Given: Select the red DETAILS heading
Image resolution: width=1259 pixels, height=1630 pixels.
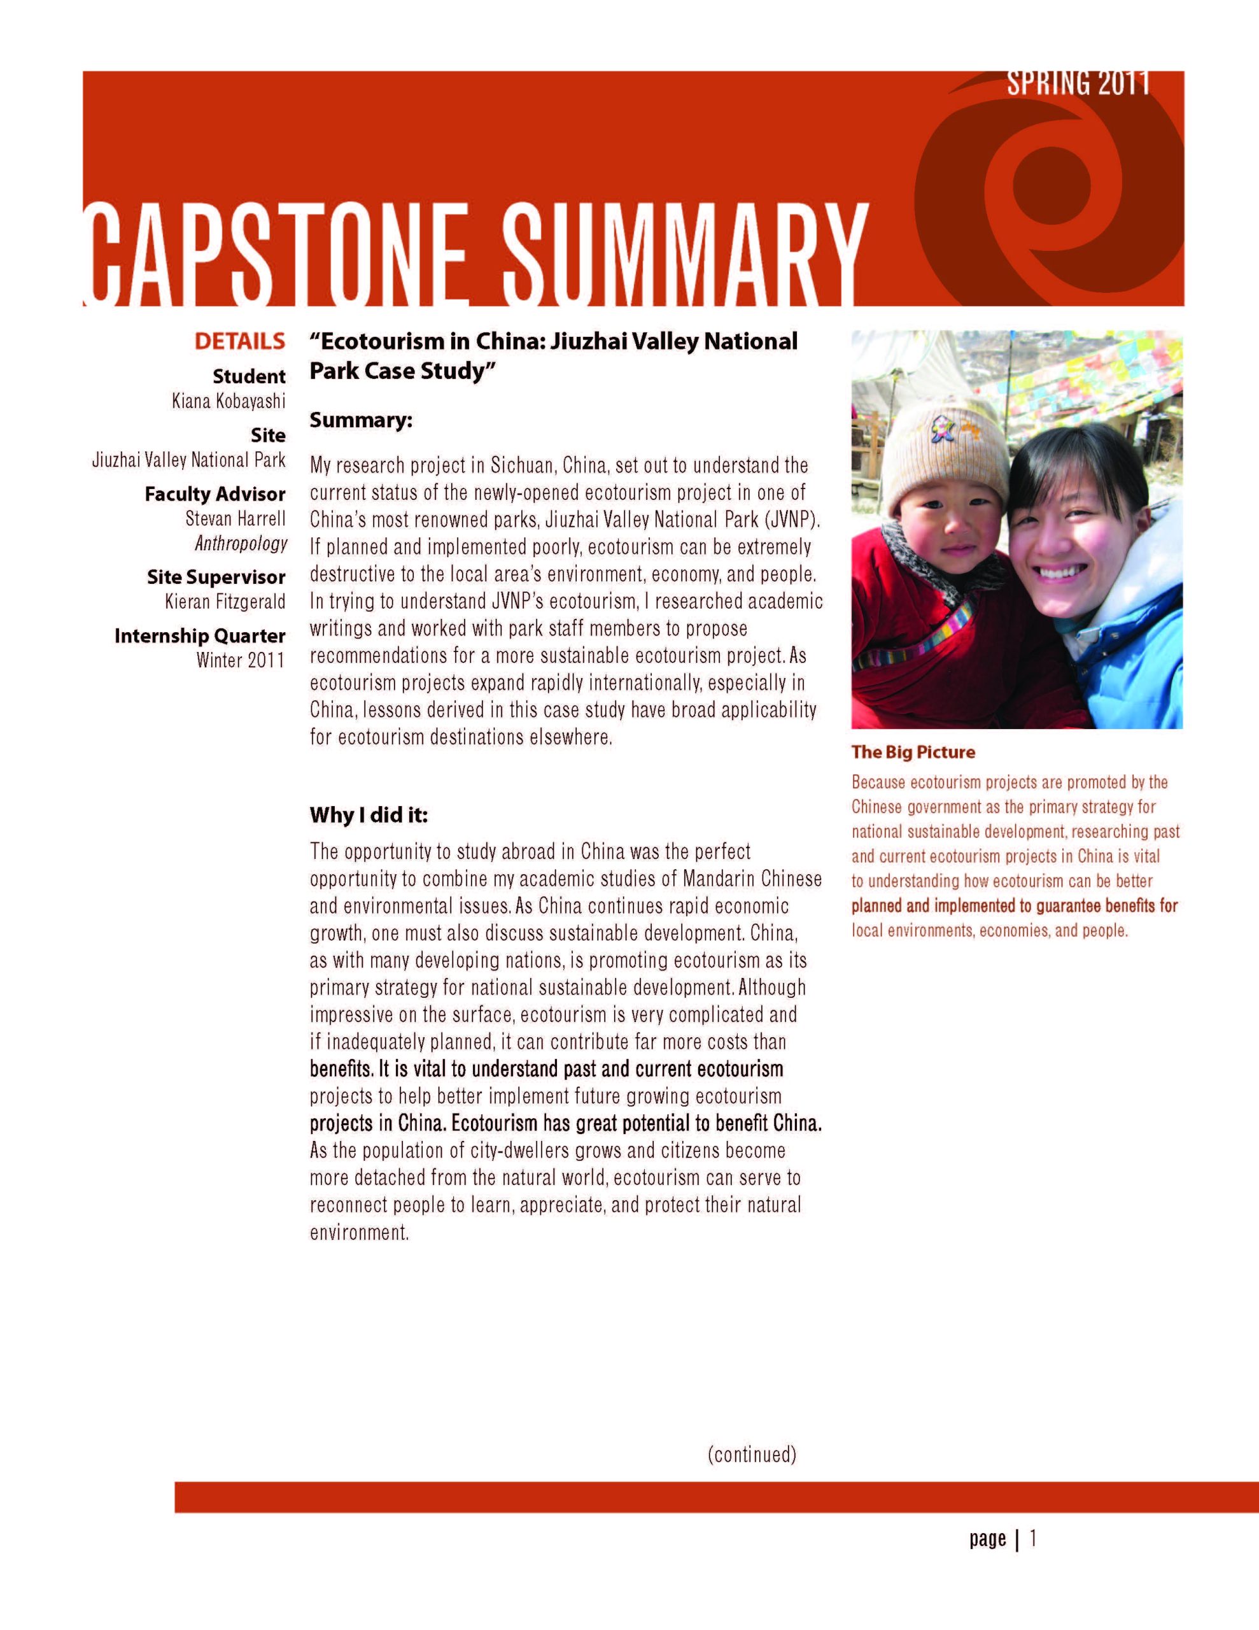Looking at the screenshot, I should [x=239, y=342].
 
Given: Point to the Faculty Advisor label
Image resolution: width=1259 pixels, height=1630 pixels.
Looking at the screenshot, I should [x=215, y=494].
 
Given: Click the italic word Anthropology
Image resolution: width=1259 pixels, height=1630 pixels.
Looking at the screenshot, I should [x=241, y=543].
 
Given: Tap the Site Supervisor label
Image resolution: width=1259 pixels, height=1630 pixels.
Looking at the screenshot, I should [x=216, y=577].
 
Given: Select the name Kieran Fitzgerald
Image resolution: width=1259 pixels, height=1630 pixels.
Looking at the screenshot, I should [x=225, y=601].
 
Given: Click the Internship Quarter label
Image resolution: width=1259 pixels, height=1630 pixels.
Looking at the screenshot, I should [x=199, y=636].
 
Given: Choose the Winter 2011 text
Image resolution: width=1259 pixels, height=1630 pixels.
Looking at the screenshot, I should [x=241, y=660].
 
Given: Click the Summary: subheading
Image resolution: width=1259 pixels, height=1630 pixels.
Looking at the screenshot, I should [x=360, y=420].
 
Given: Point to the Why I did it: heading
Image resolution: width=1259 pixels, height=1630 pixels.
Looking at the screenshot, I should [x=369, y=815].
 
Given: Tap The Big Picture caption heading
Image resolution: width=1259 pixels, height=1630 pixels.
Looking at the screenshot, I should [x=913, y=753].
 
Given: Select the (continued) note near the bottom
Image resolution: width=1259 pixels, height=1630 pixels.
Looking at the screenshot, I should [x=752, y=1454].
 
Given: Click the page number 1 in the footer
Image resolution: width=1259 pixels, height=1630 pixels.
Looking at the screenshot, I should [x=1033, y=1538].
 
